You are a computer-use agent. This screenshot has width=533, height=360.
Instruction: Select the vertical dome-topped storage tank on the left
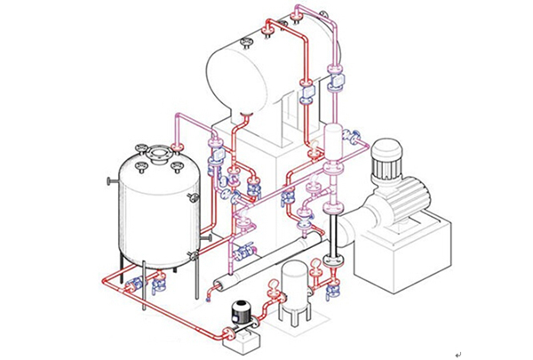(x=151, y=209)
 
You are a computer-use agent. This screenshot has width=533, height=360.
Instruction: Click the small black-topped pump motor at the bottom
(x=240, y=311)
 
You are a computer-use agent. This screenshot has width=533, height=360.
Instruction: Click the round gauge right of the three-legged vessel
(x=317, y=262)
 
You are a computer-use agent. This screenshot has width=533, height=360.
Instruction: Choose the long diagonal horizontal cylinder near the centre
(x=266, y=263)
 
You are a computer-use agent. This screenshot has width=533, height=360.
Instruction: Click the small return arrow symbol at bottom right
(x=458, y=354)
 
